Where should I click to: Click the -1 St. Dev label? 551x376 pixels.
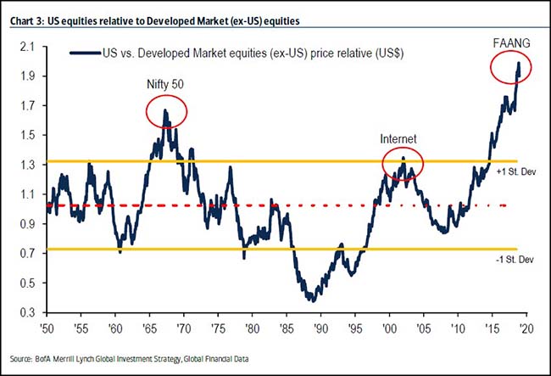[515, 260]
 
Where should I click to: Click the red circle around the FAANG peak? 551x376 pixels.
[512, 67]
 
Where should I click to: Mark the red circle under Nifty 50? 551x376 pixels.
[166, 112]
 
